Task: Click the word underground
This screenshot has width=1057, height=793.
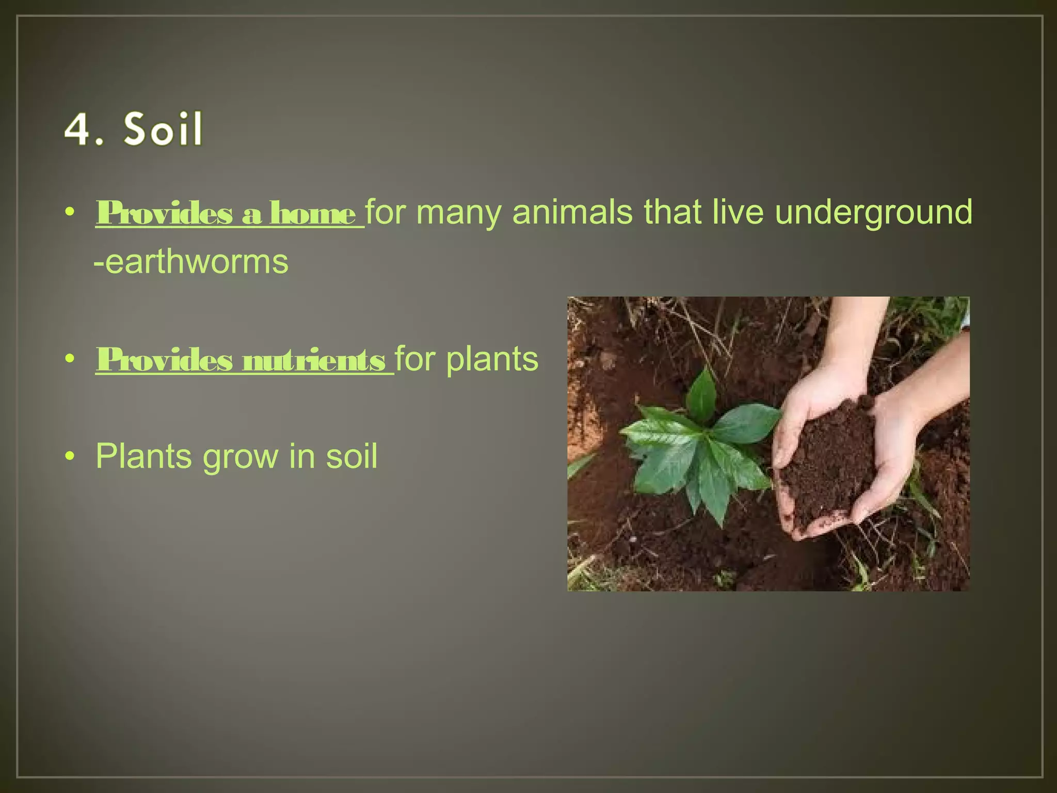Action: pyautogui.click(x=873, y=213)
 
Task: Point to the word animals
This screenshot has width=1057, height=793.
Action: pyautogui.click(x=572, y=213)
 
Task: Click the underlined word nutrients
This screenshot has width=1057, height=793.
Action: pyautogui.click(x=313, y=360)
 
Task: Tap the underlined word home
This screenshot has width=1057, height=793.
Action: pyautogui.click(x=312, y=213)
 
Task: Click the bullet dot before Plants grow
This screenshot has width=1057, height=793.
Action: pyautogui.click(x=71, y=457)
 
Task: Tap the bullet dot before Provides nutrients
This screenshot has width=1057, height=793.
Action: pyautogui.click(x=71, y=359)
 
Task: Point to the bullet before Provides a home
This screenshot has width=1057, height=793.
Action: pyautogui.click(x=71, y=213)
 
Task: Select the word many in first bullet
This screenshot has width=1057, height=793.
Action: pyautogui.click(x=458, y=213)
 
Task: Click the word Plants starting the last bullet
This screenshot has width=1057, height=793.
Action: pyautogui.click(x=143, y=457)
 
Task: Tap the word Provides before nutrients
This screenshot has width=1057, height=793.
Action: pyautogui.click(x=164, y=360)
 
